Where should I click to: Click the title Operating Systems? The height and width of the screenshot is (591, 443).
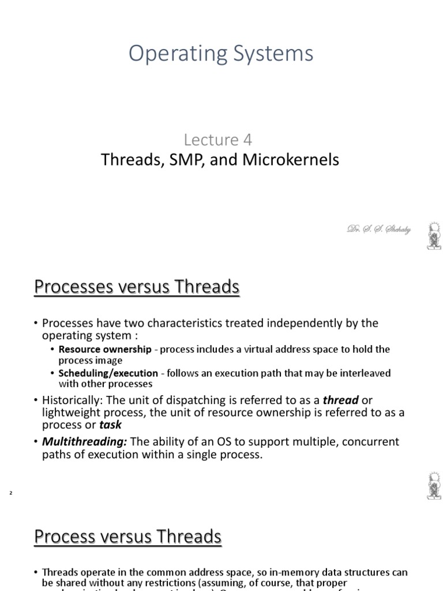pyautogui.click(x=221, y=54)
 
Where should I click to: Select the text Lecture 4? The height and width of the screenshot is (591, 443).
pyautogui.click(x=218, y=140)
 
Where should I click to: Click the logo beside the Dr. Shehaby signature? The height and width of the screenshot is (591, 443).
pyautogui.click(x=433, y=235)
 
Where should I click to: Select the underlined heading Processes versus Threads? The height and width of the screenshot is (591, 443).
pyautogui.click(x=137, y=286)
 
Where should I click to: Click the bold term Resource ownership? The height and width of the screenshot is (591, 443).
pyautogui.click(x=105, y=349)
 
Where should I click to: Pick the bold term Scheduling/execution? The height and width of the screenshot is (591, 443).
pyautogui.click(x=108, y=373)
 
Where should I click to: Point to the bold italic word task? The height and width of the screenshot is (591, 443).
pyautogui.click(x=110, y=425)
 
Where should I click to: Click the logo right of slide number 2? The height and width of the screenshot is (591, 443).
pyautogui.click(x=433, y=485)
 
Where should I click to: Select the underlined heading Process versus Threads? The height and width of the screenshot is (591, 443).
pyautogui.click(x=128, y=536)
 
